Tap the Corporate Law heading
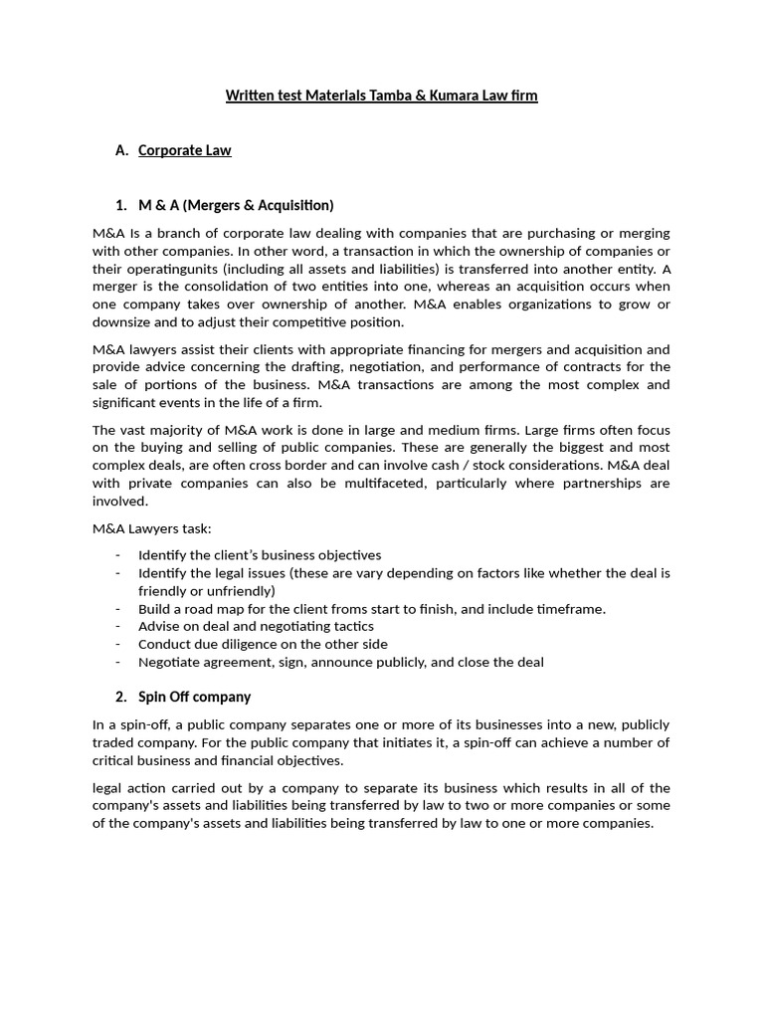pos(184,150)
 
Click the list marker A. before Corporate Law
pos(122,150)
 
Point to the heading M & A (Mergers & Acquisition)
pos(236,205)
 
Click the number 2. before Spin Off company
pos(121,697)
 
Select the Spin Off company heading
pos(194,697)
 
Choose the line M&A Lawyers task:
pos(152,528)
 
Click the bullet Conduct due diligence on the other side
pos(263,644)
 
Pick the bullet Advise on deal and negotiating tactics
pos(256,626)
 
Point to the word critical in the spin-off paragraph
pos(117,760)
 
